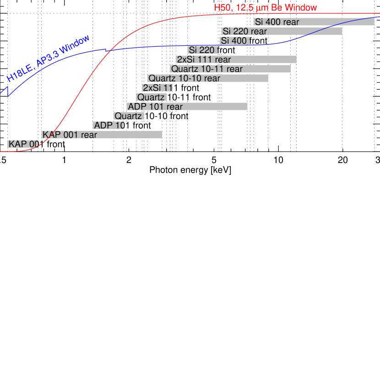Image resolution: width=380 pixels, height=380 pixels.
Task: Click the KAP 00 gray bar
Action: coord(23,144)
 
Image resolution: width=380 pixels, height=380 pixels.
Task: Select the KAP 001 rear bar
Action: coord(102,135)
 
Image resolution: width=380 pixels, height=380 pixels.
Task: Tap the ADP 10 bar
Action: coord(109,125)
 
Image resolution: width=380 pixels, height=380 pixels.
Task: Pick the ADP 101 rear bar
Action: coord(187,107)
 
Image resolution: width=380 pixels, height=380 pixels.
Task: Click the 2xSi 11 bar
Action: coord(157,88)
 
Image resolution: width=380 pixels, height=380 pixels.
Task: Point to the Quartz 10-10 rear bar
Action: coord(207,78)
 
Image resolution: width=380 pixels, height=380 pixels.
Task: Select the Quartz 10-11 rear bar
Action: coord(230,69)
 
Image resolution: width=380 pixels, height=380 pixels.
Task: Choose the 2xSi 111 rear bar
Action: coord(236,60)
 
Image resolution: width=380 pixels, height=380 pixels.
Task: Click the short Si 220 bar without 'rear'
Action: coord(202,50)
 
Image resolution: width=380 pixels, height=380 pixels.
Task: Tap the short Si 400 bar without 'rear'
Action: coord(234,41)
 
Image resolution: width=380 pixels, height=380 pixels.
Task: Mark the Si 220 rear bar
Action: coord(282,31)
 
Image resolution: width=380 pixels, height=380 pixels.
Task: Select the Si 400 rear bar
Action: coord(314,22)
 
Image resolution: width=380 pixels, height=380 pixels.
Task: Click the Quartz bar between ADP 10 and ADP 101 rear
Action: coord(129,116)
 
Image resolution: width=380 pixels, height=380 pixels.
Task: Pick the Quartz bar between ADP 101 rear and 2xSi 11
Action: coord(151,97)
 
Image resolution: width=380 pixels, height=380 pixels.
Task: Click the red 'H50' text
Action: coord(223,8)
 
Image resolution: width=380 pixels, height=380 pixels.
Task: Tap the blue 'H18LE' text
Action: coord(20,73)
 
